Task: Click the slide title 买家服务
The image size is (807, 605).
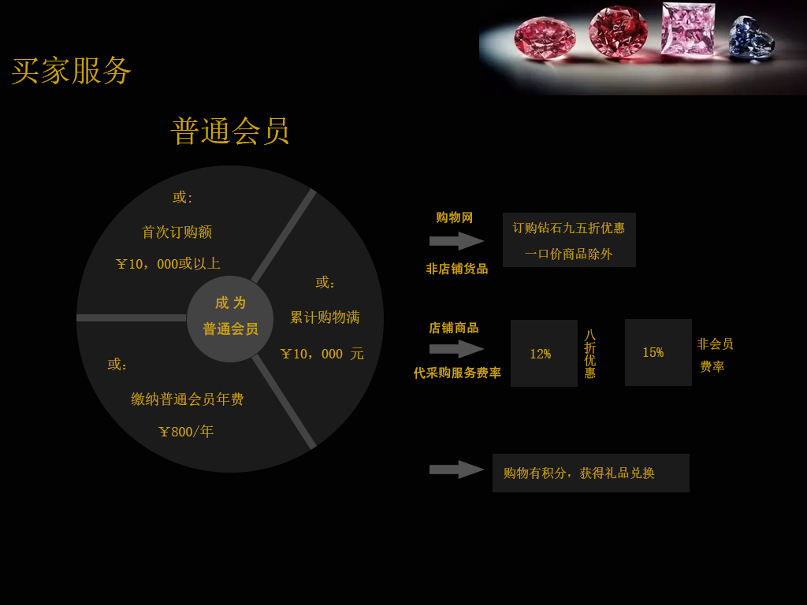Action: pos(71,71)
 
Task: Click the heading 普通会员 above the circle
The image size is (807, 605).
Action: pos(230,131)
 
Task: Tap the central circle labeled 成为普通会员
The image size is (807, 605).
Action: pos(230,318)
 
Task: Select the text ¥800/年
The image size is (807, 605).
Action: pos(186,432)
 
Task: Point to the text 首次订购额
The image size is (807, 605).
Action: pos(177,232)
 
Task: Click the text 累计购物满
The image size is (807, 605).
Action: pos(325,317)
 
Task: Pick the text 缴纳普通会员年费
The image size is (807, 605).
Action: pos(188,399)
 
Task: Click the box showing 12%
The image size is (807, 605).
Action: pos(544,354)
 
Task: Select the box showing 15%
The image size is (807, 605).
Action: pos(658,352)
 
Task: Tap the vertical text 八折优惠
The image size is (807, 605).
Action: pos(590,354)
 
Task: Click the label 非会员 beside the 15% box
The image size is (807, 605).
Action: pos(715,344)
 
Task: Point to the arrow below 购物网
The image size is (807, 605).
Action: pos(456,241)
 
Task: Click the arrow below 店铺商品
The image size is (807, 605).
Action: pos(456,349)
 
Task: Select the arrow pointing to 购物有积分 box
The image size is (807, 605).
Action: pos(456,470)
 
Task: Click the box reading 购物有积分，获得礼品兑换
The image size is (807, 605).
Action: pos(590,473)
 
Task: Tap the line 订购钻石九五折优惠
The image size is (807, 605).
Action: pos(569,228)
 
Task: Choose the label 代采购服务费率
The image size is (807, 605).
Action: pos(457,373)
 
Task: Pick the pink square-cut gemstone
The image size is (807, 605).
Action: pos(687,29)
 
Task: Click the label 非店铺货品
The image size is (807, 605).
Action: pos(457,269)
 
